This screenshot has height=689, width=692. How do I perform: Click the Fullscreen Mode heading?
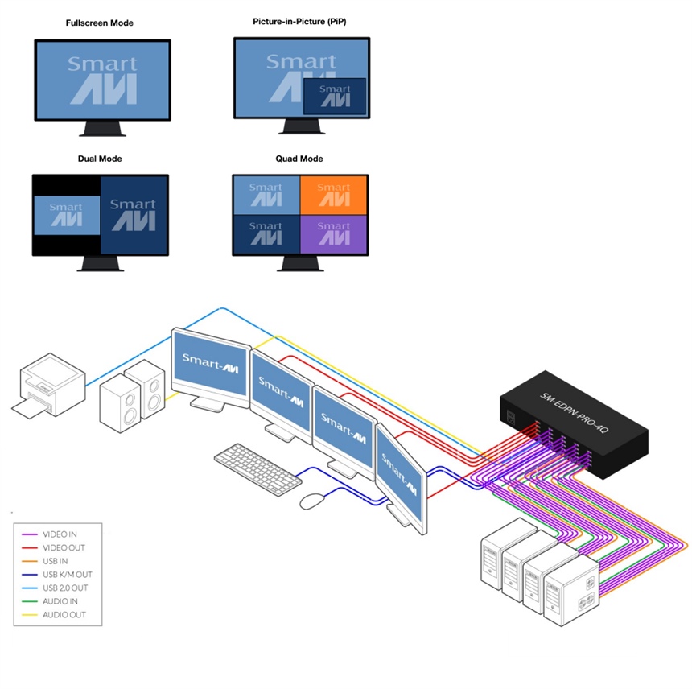(x=100, y=23)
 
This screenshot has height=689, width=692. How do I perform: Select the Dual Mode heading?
(x=100, y=159)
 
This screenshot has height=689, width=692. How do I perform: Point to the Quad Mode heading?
(x=299, y=159)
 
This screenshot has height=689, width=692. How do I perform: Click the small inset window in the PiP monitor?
(x=335, y=95)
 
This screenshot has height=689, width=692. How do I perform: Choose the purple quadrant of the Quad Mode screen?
(x=333, y=234)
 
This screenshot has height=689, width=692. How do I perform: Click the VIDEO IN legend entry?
(x=61, y=534)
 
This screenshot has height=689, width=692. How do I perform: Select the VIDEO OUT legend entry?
(x=64, y=548)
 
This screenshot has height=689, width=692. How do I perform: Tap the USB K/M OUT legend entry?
(x=68, y=575)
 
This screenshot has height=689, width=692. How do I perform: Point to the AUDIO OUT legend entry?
(x=64, y=615)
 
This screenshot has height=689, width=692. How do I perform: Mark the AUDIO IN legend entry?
(x=61, y=601)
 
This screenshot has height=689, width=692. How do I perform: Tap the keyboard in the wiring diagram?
(x=257, y=466)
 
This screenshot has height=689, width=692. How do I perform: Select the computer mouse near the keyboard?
(x=311, y=501)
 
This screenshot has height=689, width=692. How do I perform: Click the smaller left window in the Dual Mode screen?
(x=67, y=215)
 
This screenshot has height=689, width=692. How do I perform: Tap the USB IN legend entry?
(x=56, y=561)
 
